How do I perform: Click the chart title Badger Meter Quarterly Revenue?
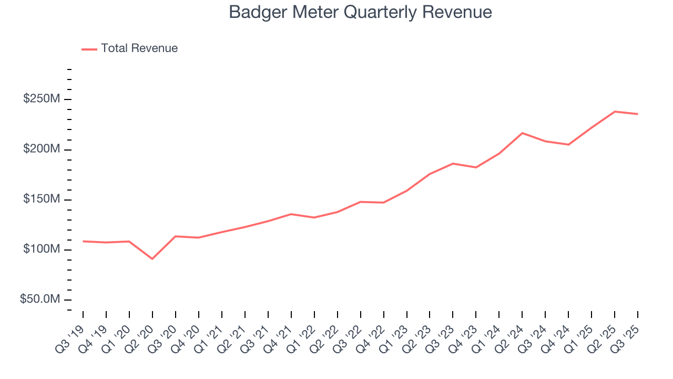point(360,12)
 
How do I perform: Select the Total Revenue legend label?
point(139,48)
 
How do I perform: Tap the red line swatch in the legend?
point(89,49)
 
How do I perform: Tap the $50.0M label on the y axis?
point(40,300)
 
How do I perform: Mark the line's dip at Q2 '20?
point(152,259)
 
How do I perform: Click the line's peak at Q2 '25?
point(615,112)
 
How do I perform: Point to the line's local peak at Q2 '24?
point(522,133)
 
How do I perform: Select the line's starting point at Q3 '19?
point(83,241)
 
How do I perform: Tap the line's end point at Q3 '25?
point(638,114)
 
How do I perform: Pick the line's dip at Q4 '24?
point(568,144)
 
